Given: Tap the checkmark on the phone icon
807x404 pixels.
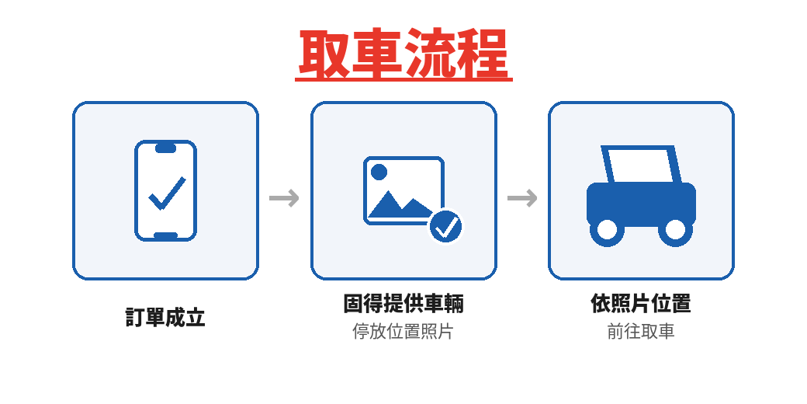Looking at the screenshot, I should [167, 193].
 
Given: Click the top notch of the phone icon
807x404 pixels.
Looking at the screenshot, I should [165, 148].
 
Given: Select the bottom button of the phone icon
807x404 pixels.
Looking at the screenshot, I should [165, 235].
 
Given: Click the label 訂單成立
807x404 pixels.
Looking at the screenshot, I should [165, 318].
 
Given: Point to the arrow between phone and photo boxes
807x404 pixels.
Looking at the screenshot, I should [284, 198].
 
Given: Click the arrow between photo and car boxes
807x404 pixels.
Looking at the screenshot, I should [522, 198].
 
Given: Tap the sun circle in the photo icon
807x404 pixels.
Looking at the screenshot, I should [379, 172].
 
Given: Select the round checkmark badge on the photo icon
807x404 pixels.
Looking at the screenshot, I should [445, 228].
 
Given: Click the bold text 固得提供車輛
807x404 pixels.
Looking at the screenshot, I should [403, 304].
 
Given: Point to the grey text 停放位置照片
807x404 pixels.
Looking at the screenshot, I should [403, 332].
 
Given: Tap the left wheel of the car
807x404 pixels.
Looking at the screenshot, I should [607, 230].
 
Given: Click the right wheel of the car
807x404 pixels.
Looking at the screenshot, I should [675, 230].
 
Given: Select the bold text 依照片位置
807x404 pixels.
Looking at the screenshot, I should [641, 304].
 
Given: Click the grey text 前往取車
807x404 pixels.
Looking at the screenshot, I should [641, 332].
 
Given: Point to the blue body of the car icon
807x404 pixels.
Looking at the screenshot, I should [641, 202].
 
